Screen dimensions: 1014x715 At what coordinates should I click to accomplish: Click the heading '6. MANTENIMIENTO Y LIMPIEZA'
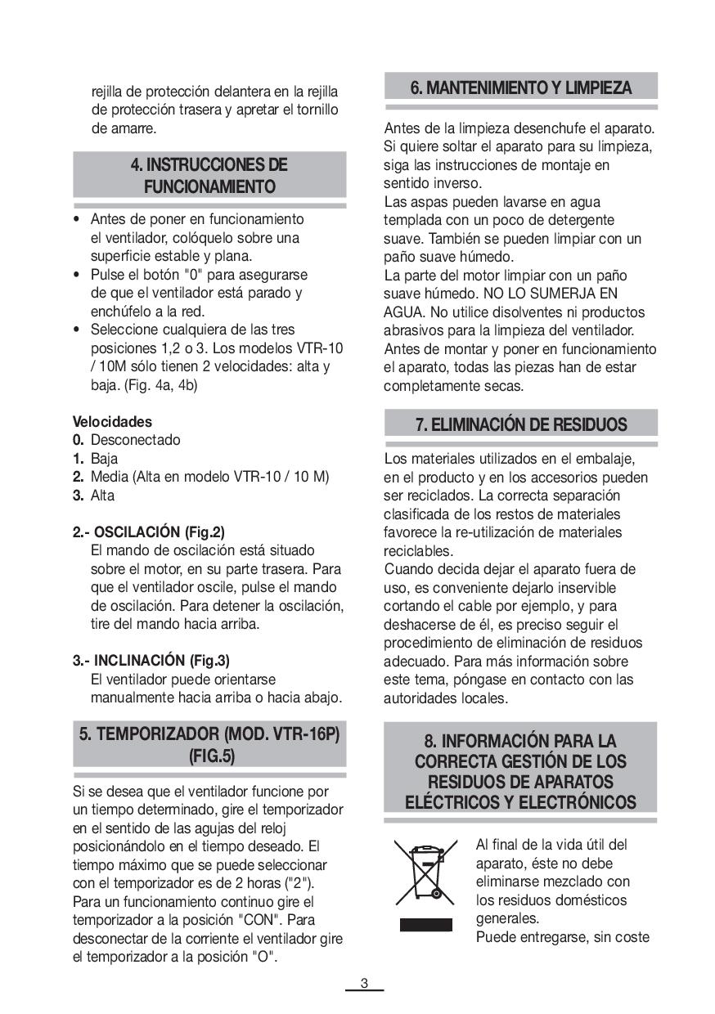[520, 87]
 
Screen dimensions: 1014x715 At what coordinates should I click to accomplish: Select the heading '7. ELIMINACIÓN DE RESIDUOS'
[520, 424]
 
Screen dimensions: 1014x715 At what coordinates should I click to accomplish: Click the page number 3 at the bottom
[365, 984]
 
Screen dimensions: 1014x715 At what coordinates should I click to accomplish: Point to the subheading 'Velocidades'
[112, 422]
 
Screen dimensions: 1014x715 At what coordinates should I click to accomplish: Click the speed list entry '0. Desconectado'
[127, 440]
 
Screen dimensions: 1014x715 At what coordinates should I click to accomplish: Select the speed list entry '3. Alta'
[94, 495]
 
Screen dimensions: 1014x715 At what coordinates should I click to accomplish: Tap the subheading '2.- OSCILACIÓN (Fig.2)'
[148, 532]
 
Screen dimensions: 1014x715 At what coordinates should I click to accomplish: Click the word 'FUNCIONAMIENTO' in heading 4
[209, 187]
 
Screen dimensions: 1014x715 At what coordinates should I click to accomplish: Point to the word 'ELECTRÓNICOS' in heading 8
[578, 802]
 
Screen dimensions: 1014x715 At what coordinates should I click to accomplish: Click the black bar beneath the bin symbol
[425, 925]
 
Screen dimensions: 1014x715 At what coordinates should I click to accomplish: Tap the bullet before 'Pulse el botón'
[77, 275]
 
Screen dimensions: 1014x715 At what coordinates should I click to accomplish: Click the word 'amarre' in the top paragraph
[135, 128]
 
